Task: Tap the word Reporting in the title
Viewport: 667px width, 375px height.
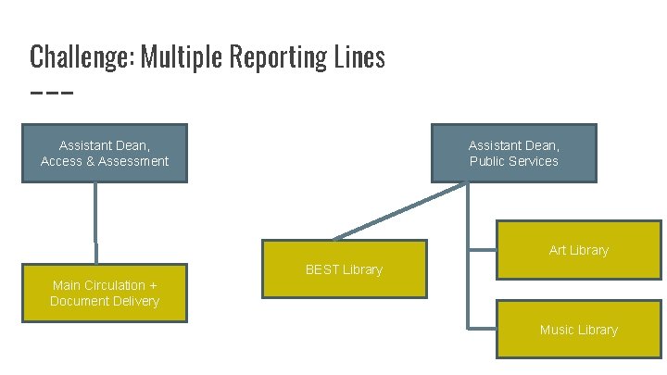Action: coord(281,57)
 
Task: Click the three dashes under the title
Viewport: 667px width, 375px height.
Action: coord(51,93)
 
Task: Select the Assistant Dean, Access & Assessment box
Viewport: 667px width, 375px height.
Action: coord(105,153)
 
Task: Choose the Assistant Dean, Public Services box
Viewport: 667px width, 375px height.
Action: coord(513,153)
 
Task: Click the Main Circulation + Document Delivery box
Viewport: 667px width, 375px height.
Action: coord(105,293)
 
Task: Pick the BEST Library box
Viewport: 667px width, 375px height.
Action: coord(344,269)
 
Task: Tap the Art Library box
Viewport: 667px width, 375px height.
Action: coord(579,250)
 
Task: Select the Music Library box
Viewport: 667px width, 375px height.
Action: coord(579,330)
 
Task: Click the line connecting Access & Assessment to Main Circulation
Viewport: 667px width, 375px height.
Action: coord(95,222)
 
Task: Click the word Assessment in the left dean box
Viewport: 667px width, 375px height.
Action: coord(132,161)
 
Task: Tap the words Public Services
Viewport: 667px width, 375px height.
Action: coord(513,161)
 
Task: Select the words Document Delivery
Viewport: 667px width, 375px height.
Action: coord(105,301)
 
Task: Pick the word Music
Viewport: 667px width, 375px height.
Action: coord(558,330)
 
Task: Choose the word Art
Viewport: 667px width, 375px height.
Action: coord(558,250)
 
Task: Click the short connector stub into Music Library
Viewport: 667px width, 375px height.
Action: coord(483,329)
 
